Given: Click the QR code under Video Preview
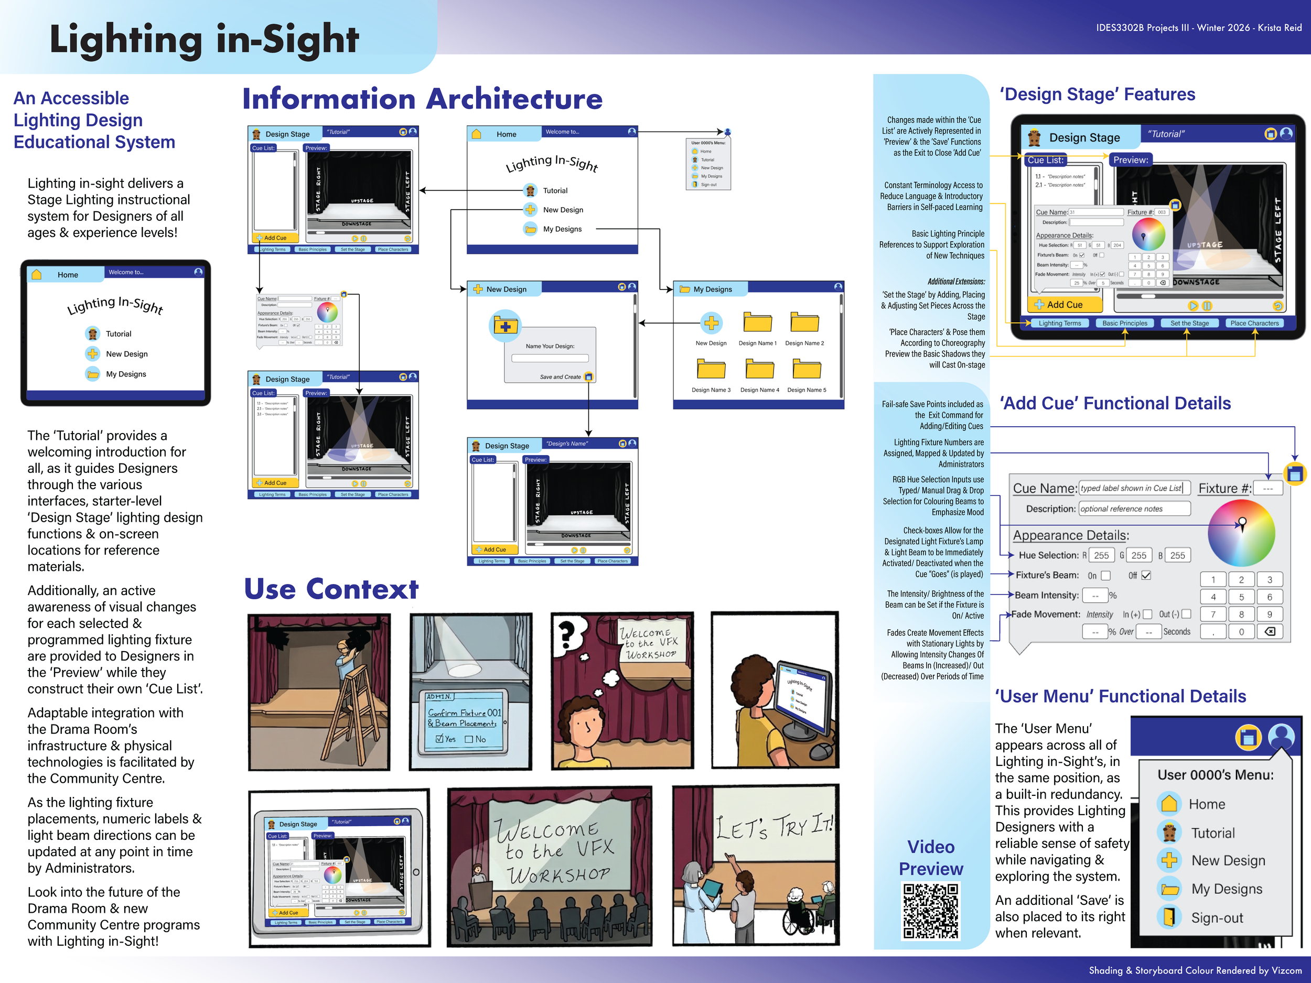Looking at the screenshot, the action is coord(930,911).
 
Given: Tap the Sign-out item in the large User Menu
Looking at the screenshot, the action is coord(1217,918).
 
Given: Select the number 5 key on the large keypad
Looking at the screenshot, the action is coord(1241,597).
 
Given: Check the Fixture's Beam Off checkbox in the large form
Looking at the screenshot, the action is coord(1146,575).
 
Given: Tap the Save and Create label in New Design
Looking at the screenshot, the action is coord(560,377).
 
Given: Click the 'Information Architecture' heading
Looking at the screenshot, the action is coord(422,99).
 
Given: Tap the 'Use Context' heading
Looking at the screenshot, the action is coord(331,590).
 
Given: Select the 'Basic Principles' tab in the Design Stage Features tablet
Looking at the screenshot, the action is coord(1124,323).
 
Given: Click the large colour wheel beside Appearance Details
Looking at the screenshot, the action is coord(1241,533).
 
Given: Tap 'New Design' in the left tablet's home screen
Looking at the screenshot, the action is coord(126,354).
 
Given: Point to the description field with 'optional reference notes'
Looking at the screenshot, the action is coord(1134,509).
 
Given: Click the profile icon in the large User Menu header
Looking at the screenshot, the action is coord(1281,737).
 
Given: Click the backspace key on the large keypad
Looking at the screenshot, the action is coord(1270,632).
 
